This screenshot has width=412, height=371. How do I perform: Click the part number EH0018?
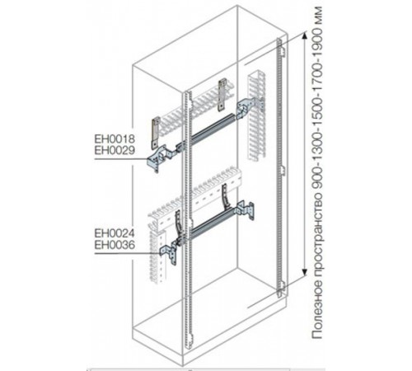(x=115, y=139)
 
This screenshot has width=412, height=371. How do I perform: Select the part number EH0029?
(x=115, y=151)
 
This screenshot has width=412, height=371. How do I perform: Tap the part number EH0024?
(x=115, y=233)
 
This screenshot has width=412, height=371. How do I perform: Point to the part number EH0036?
(x=115, y=245)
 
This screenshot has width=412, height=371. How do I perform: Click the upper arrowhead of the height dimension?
(x=304, y=35)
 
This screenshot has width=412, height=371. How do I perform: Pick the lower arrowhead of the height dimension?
(x=304, y=273)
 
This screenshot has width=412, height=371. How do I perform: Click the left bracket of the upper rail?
(x=160, y=158)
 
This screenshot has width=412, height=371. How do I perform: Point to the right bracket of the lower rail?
(x=246, y=209)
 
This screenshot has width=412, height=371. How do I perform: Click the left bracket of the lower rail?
(x=170, y=251)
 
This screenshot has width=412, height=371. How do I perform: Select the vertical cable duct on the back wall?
(x=257, y=115)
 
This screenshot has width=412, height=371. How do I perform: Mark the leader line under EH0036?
(x=127, y=253)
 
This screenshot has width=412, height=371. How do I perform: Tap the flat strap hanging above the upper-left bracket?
(x=156, y=131)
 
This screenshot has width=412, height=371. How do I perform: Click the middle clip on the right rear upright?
(x=281, y=170)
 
